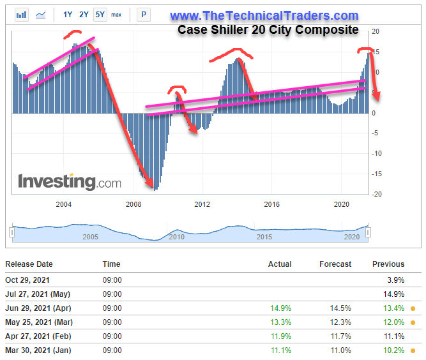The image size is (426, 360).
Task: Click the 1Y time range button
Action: [68, 14]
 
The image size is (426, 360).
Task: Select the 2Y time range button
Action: [84, 14]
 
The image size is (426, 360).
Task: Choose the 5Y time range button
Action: [100, 14]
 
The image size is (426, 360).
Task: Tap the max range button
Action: [116, 14]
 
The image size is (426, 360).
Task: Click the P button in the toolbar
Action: [144, 14]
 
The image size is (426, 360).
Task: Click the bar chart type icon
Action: [22, 14]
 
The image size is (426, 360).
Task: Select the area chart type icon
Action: [42, 14]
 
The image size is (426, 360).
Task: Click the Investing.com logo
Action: [69, 181]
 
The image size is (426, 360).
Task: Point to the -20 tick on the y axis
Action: [376, 194]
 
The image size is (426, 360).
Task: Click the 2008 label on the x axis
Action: [133, 204]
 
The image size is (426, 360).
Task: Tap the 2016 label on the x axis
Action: [272, 204]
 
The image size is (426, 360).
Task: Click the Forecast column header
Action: [335, 264]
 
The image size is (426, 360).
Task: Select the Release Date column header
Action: [29, 264]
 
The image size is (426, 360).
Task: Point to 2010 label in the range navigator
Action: [176, 237]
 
